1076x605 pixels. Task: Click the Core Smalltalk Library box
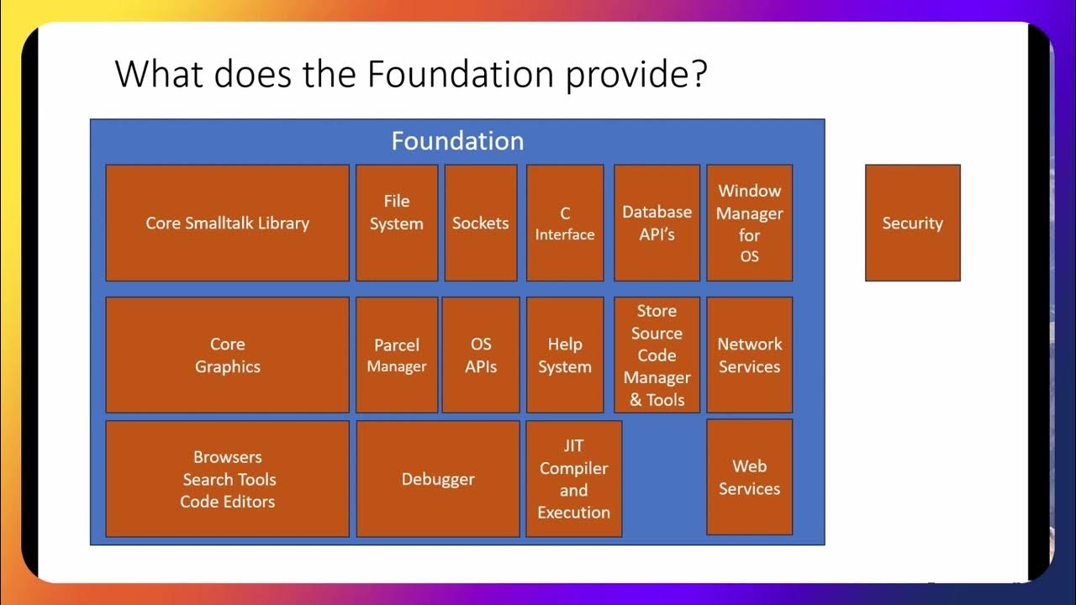[x=227, y=223]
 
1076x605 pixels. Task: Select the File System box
[x=397, y=223]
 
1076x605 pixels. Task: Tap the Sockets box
[x=480, y=223]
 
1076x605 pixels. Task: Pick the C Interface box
[x=565, y=223]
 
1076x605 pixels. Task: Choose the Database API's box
[x=657, y=223]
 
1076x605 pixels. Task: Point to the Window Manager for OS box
[x=749, y=223]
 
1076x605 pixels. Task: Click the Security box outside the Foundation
[x=912, y=223]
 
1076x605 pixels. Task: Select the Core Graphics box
[x=227, y=355]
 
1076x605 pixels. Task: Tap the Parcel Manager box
[x=397, y=355]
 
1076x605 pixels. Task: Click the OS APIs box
[x=481, y=355]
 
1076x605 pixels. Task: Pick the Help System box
[x=565, y=355]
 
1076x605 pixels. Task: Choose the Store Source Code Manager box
[x=657, y=355]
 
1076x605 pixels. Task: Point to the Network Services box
[x=749, y=355]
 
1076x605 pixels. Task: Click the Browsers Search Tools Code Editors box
[x=227, y=479]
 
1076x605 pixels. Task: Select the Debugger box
[x=438, y=479]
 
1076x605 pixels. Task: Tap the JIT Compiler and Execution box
[x=573, y=479]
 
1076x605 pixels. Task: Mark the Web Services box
[x=749, y=477]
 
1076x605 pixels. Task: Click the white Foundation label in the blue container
[x=457, y=140]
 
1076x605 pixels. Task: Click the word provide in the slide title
[x=636, y=76]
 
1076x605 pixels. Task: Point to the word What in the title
[x=158, y=74]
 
